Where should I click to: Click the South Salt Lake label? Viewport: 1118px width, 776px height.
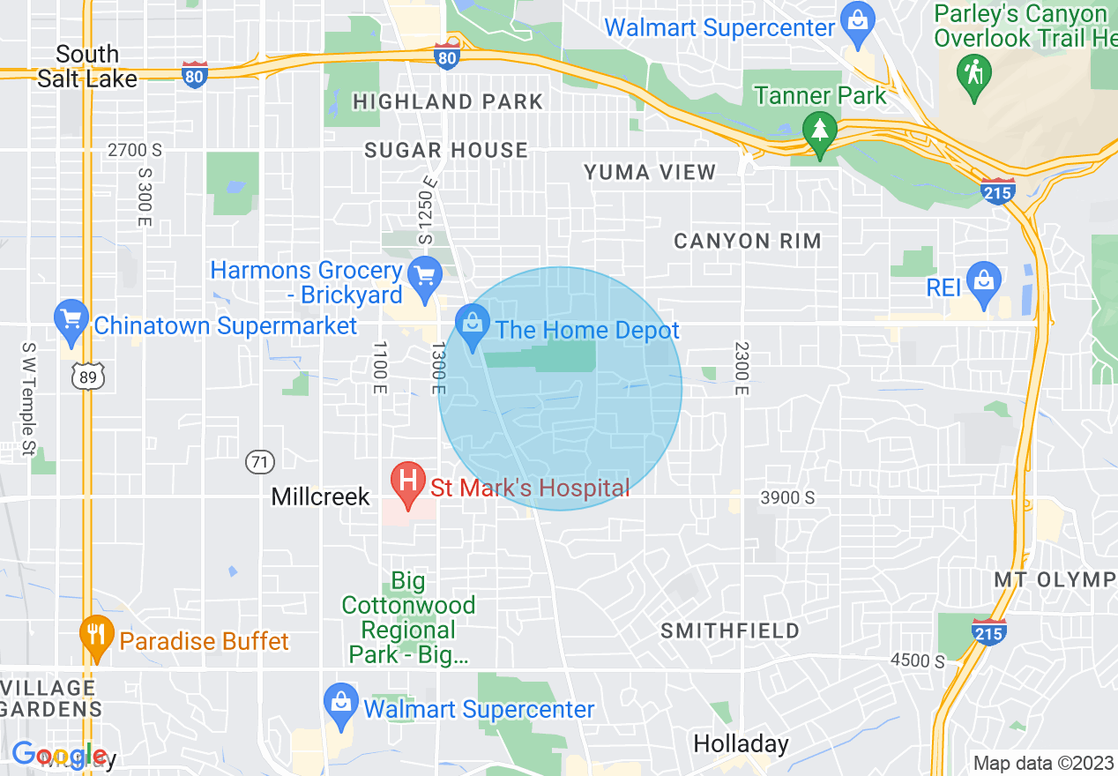coord(86,67)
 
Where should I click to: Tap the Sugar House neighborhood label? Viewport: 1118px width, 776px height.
coord(446,150)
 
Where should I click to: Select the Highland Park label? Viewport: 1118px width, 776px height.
coord(448,102)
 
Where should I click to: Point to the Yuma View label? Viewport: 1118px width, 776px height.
coord(650,173)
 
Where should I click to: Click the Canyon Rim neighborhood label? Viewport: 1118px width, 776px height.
coord(748,241)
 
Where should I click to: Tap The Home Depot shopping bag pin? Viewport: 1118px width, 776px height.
coord(473,323)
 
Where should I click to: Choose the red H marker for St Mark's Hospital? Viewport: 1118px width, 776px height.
coord(408,482)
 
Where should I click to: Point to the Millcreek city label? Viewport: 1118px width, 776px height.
coord(320,496)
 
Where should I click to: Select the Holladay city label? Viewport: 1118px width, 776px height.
coord(741,743)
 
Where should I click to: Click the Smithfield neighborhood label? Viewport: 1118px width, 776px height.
coord(730,631)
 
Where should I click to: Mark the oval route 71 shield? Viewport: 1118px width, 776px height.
coord(260,461)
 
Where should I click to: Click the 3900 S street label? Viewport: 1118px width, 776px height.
coord(786,498)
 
